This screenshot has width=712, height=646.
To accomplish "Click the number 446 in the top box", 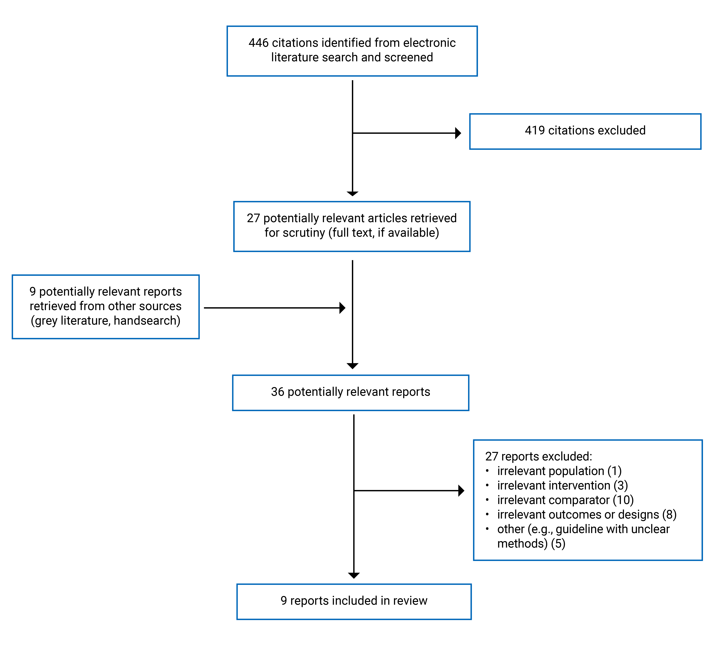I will tap(259, 43).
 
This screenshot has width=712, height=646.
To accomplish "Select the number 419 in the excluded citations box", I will tap(535, 131).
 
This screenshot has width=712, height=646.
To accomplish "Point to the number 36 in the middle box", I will tap(278, 392).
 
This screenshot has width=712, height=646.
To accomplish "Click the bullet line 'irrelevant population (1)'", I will tap(559, 471).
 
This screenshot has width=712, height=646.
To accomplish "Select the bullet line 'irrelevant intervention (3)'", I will tap(562, 485).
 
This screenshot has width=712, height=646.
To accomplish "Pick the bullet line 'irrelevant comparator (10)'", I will tap(565, 500).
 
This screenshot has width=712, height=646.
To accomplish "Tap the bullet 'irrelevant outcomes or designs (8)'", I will tap(587, 515).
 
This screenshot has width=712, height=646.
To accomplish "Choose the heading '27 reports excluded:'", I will tap(538, 456).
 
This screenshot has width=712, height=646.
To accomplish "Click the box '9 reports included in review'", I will tap(354, 601).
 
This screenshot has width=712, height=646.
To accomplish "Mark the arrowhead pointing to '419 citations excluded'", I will tap(458, 133).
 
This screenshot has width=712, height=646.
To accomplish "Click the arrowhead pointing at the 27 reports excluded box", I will tap(461, 491).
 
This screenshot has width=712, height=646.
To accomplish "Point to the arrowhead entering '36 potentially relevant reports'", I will tap(353, 366).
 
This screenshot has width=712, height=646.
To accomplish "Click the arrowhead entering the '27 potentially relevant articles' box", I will tap(353, 193).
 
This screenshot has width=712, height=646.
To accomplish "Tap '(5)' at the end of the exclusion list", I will tap(558, 543).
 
